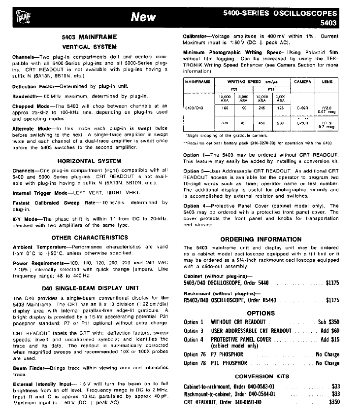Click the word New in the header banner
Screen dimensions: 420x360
point(143,17)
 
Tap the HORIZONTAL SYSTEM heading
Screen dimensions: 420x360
point(89,161)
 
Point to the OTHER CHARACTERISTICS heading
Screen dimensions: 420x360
point(89,238)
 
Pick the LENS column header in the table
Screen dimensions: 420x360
point(327,82)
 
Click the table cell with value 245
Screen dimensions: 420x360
point(262,107)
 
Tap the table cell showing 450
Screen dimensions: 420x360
point(262,123)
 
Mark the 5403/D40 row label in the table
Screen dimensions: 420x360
point(192,107)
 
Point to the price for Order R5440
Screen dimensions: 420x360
point(332,300)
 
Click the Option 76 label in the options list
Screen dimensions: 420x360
point(194,354)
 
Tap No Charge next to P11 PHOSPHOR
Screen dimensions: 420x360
point(327,363)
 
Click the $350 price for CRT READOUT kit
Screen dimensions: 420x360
point(334,402)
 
